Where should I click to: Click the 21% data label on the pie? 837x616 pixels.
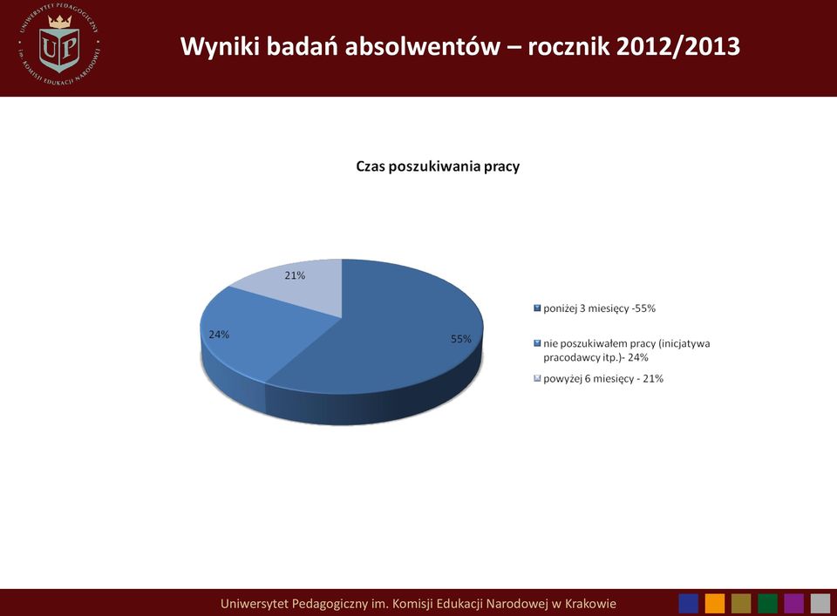click(x=295, y=275)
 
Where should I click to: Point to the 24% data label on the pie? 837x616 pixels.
click(x=219, y=335)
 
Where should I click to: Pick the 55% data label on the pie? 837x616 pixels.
click(x=461, y=339)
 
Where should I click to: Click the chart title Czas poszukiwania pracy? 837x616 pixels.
click(x=438, y=166)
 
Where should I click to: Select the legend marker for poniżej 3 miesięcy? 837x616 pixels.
click(x=537, y=308)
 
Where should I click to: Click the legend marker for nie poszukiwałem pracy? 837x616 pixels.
click(x=537, y=343)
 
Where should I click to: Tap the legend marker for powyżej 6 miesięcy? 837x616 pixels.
click(x=537, y=379)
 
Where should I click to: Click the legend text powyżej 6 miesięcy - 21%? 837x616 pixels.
click(x=603, y=379)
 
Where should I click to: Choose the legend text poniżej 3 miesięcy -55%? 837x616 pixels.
click(x=600, y=308)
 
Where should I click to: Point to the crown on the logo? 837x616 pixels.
click(x=60, y=21)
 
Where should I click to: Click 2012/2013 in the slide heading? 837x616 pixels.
click(x=678, y=46)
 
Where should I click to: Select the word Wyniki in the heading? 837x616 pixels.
click(x=219, y=47)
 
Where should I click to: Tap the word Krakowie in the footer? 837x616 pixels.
click(x=590, y=604)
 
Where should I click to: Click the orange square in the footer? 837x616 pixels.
click(x=715, y=604)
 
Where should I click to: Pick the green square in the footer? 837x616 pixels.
click(x=767, y=604)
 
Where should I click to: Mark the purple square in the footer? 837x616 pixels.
click(x=793, y=604)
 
